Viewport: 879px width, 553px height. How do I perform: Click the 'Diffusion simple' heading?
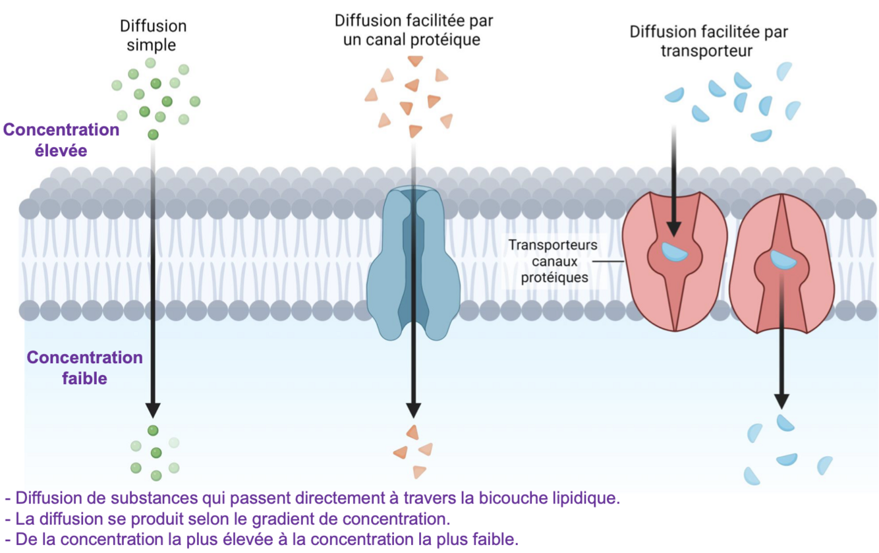click(153, 36)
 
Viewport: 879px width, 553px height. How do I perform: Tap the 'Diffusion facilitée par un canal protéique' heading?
click(414, 30)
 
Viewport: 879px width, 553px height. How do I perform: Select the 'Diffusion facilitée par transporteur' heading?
click(708, 41)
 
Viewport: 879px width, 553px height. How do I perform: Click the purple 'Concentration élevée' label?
click(61, 140)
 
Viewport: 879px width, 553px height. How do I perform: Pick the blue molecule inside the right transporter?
click(781, 259)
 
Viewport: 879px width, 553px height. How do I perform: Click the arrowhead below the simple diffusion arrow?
click(153, 410)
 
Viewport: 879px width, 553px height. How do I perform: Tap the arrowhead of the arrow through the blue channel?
click(413, 410)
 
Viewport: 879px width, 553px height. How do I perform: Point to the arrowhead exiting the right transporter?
click(781, 401)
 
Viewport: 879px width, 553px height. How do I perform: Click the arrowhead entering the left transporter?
click(673, 228)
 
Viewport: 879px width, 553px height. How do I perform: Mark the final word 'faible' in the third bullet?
click(497, 539)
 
